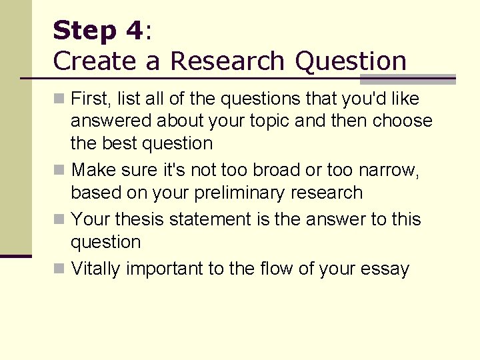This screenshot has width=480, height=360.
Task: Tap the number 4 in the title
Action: coord(134,30)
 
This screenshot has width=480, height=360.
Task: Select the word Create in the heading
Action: coord(85,61)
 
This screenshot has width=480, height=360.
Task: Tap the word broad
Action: coord(285,171)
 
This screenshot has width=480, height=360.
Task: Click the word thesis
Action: coord(142,219)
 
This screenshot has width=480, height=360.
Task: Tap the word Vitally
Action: coord(96,269)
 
